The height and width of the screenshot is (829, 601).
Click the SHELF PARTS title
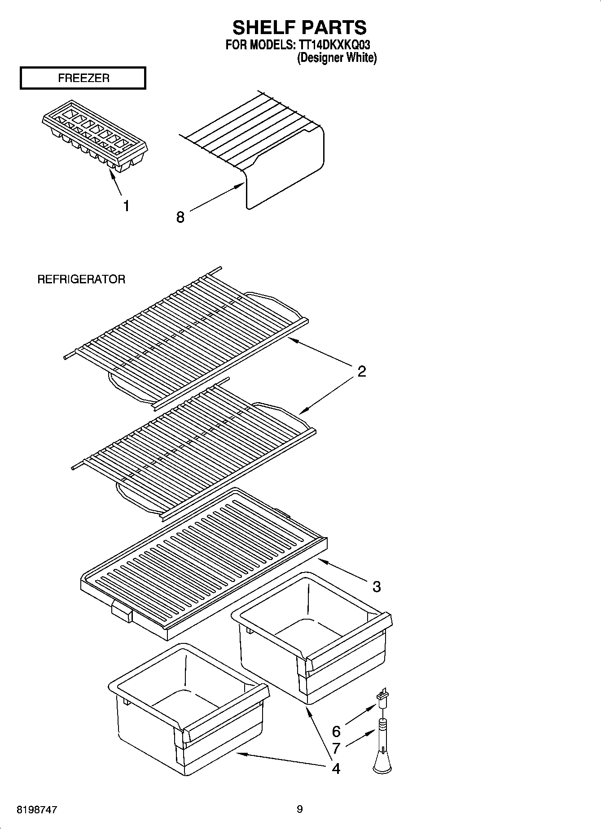pos(299,27)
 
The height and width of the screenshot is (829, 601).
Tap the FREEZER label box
pos(83,78)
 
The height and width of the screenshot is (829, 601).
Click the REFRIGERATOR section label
pos(81,279)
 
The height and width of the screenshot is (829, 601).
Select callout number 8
pos(180,217)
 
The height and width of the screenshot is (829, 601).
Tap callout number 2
pos(362,371)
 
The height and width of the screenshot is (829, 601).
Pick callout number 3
pos(376,586)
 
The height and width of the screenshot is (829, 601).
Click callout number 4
pos(336,768)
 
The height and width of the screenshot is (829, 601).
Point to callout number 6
pos(336,731)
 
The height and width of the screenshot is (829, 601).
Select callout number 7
pos(336,748)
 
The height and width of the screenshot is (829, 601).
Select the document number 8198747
pos(36,810)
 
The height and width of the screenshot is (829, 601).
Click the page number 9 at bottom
pos(299,809)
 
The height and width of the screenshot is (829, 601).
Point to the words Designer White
pos(337,58)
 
